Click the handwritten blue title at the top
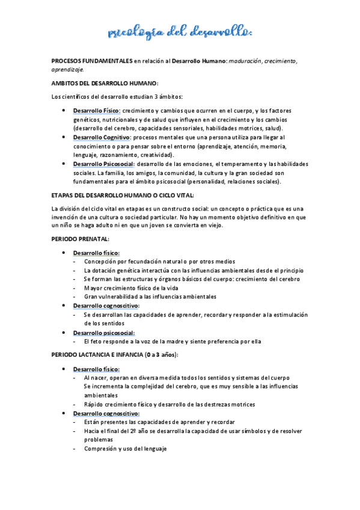180,31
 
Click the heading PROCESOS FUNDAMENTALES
92,61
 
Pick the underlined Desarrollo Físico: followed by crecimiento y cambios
97,111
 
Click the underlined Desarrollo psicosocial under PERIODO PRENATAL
103,333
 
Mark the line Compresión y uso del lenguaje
125,449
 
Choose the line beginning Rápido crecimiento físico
169,404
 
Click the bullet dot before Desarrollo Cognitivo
64,137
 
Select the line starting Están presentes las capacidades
159,422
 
